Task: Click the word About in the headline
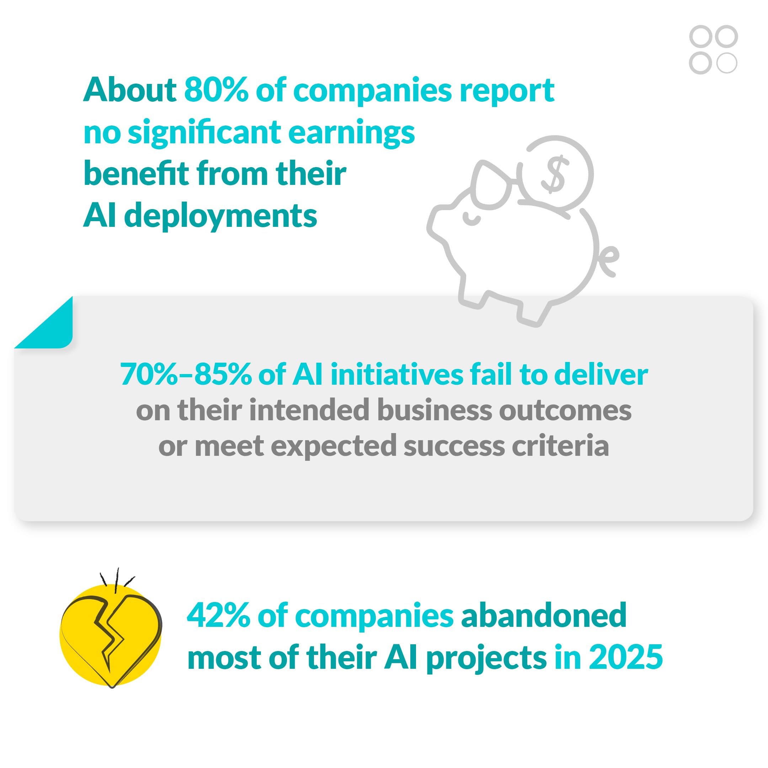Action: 129,90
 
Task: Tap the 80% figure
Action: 216,90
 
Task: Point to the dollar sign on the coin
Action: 555,174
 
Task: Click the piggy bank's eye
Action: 471,219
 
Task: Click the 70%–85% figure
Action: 186,374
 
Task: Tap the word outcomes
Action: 565,410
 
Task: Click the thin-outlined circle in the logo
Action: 727,63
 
